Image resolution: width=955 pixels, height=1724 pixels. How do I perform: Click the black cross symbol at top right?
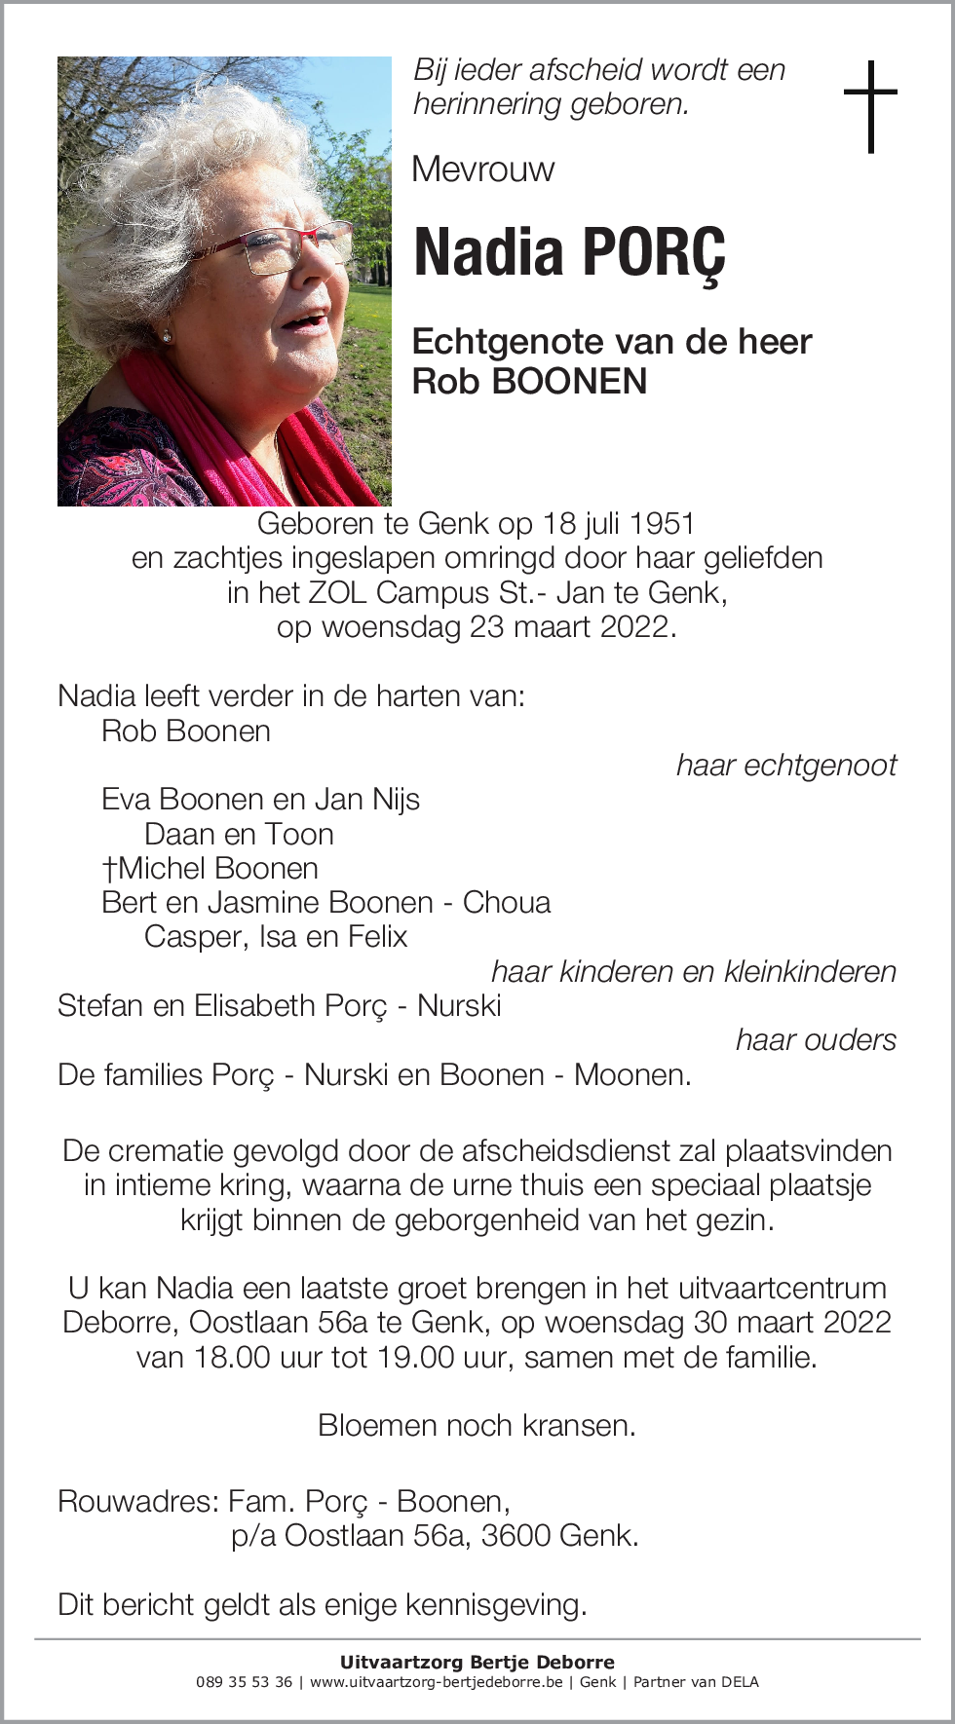point(869,106)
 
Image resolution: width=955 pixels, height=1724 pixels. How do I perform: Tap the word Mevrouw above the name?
point(482,169)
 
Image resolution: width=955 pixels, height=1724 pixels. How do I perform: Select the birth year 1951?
point(662,524)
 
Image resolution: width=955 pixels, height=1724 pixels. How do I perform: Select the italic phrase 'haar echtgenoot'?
point(785,766)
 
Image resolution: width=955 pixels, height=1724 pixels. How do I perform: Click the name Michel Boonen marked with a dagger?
point(210,868)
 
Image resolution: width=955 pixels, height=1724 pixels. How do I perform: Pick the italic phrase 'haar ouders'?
point(815,1040)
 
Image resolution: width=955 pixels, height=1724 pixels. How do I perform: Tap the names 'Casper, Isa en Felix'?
point(276,937)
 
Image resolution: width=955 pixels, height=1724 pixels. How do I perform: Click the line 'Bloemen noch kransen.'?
point(477,1426)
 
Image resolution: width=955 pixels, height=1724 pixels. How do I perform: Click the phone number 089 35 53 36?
point(244,1682)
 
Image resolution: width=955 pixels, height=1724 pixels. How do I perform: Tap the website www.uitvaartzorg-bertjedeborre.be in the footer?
point(436,1682)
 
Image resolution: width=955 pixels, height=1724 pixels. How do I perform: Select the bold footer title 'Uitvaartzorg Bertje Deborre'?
point(477,1662)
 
